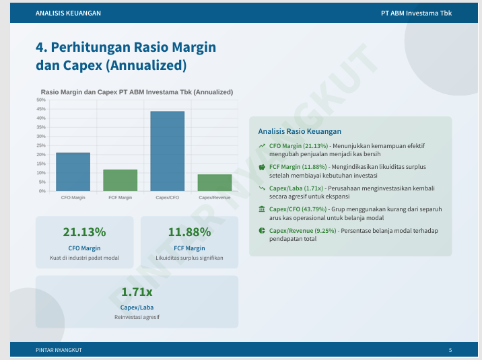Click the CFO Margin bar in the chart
[73, 172]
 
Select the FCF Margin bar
[120, 180]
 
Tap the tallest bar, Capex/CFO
[167, 151]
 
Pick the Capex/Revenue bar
[215, 182]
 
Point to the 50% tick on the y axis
[42, 100]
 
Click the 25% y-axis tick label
[42, 145]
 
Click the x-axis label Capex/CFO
[167, 198]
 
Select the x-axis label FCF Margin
[120, 198]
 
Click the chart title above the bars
[137, 92]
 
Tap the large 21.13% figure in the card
[84, 232]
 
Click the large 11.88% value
[189, 232]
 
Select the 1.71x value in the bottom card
[137, 292]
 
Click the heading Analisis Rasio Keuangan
[300, 131]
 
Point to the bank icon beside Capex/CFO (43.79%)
[262, 210]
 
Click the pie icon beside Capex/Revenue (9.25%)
[262, 231]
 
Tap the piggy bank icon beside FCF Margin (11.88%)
[262, 167]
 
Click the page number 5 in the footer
[450, 350]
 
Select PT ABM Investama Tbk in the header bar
[416, 13]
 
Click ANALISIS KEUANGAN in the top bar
[68, 13]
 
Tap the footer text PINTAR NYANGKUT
[59, 350]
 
